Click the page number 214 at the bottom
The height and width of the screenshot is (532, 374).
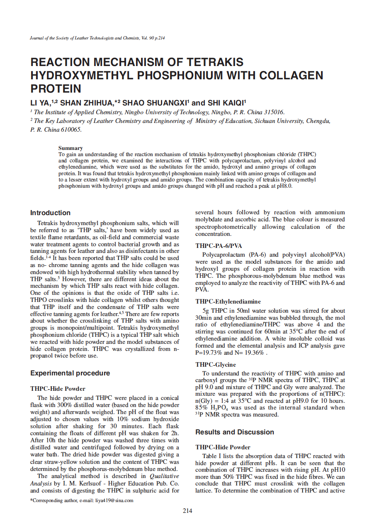tap(187, 511)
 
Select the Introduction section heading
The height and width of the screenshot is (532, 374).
tap(50, 213)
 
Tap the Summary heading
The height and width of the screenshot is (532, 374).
tap(70, 148)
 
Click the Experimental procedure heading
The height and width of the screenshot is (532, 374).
tap(70, 373)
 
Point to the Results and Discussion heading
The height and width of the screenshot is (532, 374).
tap(235, 432)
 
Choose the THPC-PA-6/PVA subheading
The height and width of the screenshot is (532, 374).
tap(219, 245)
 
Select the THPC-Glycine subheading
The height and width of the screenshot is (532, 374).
tap(216, 365)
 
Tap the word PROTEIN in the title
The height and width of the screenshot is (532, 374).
tap(56, 88)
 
